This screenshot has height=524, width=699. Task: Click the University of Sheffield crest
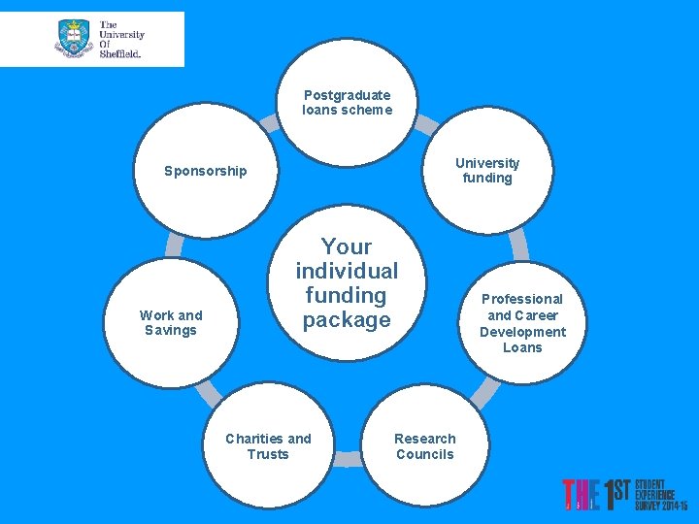pyautogui.click(x=74, y=39)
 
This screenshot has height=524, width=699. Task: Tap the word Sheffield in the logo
pyautogui.click(x=121, y=54)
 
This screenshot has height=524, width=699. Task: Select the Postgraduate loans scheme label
pyautogui.click(x=347, y=102)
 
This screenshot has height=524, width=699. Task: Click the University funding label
pyautogui.click(x=487, y=170)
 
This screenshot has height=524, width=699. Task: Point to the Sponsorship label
pyautogui.click(x=206, y=171)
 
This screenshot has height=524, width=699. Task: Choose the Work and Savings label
pyautogui.click(x=171, y=322)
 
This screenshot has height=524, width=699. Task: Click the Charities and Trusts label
pyautogui.click(x=268, y=446)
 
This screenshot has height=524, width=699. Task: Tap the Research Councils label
pyautogui.click(x=425, y=446)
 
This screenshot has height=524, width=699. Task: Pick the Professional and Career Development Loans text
pyautogui.click(x=522, y=323)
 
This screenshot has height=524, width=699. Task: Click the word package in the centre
pyautogui.click(x=347, y=319)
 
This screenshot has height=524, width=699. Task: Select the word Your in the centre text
pyautogui.click(x=347, y=246)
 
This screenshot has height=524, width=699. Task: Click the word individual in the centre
pyautogui.click(x=347, y=271)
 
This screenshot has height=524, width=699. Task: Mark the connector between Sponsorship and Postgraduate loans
pyautogui.click(x=269, y=121)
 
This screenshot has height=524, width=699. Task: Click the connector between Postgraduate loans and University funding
pyautogui.click(x=425, y=123)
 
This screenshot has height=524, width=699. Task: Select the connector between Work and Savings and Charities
pyautogui.click(x=208, y=391)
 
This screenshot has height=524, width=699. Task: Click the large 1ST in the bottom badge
pyautogui.click(x=617, y=495)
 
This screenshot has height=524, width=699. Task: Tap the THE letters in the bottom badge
pyautogui.click(x=581, y=495)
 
